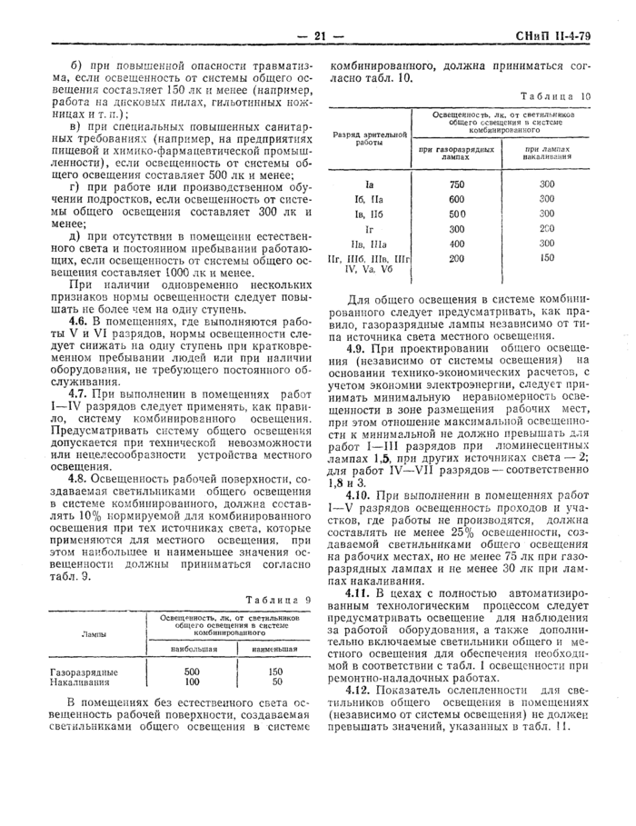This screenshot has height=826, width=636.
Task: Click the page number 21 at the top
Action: pyautogui.click(x=319, y=36)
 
